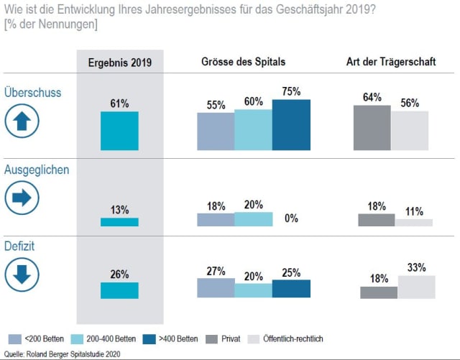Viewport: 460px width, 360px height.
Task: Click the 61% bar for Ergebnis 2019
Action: point(119,131)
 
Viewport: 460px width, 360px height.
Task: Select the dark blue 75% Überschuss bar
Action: point(291,125)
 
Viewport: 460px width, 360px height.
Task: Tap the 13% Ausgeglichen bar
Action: point(119,222)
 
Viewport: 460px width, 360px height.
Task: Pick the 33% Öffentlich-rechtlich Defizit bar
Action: point(416,287)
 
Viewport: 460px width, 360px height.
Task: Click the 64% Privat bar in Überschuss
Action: point(372,128)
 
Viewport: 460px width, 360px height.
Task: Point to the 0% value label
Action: point(291,218)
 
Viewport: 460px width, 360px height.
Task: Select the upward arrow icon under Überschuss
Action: point(22,121)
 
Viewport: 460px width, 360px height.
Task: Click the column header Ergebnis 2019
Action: point(119,63)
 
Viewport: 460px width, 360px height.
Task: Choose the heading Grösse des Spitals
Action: point(244,62)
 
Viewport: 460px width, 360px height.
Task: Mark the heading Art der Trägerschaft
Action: point(391,62)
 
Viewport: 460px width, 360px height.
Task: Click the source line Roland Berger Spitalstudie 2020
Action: point(64,354)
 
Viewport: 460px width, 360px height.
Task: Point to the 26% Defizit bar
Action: point(119,290)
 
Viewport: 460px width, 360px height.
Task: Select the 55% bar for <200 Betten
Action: point(216,131)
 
